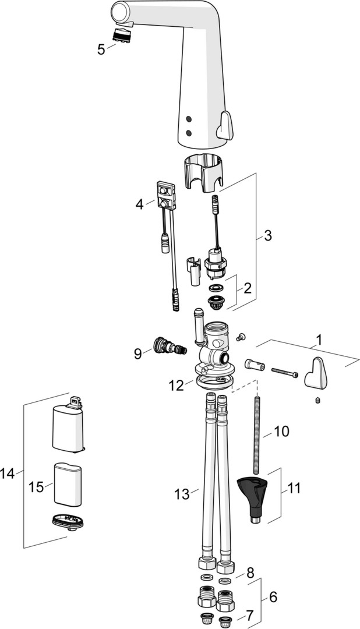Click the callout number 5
[101, 49]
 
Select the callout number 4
[139, 204]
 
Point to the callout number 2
[247, 288]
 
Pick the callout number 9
[137, 354]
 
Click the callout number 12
[177, 385]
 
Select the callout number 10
[281, 432]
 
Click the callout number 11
[294, 487]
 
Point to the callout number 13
[182, 494]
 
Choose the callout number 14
[8, 473]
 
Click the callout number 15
[36, 486]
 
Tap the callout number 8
[250, 573]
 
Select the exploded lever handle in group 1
[317, 372]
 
